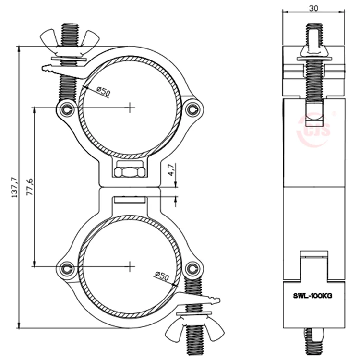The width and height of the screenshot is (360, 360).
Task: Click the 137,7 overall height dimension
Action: (x=14, y=187)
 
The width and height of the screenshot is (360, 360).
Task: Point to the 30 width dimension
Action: (x=313, y=8)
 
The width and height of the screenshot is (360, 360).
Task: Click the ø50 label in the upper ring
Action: (x=103, y=91)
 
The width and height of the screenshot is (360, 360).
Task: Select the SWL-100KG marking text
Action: (x=313, y=297)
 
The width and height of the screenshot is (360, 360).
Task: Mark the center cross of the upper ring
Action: (x=130, y=108)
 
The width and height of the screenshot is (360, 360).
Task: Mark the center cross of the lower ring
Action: (x=130, y=264)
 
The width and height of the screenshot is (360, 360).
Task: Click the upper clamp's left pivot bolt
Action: (x=66, y=108)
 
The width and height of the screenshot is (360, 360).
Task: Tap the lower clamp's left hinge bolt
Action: (x=66, y=267)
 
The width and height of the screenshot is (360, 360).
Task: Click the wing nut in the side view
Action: (x=313, y=52)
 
